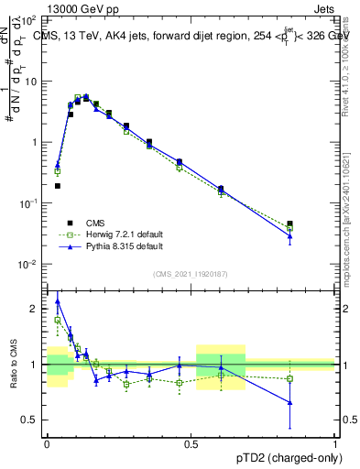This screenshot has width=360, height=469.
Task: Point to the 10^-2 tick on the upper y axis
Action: pos(30,264)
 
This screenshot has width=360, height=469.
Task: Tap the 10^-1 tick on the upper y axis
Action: pos(30,202)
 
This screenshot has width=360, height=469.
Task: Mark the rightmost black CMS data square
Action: pos(289,224)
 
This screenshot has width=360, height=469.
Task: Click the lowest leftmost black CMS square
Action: pos(57,186)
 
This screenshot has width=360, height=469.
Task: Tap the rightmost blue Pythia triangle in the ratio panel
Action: pos(289,402)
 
